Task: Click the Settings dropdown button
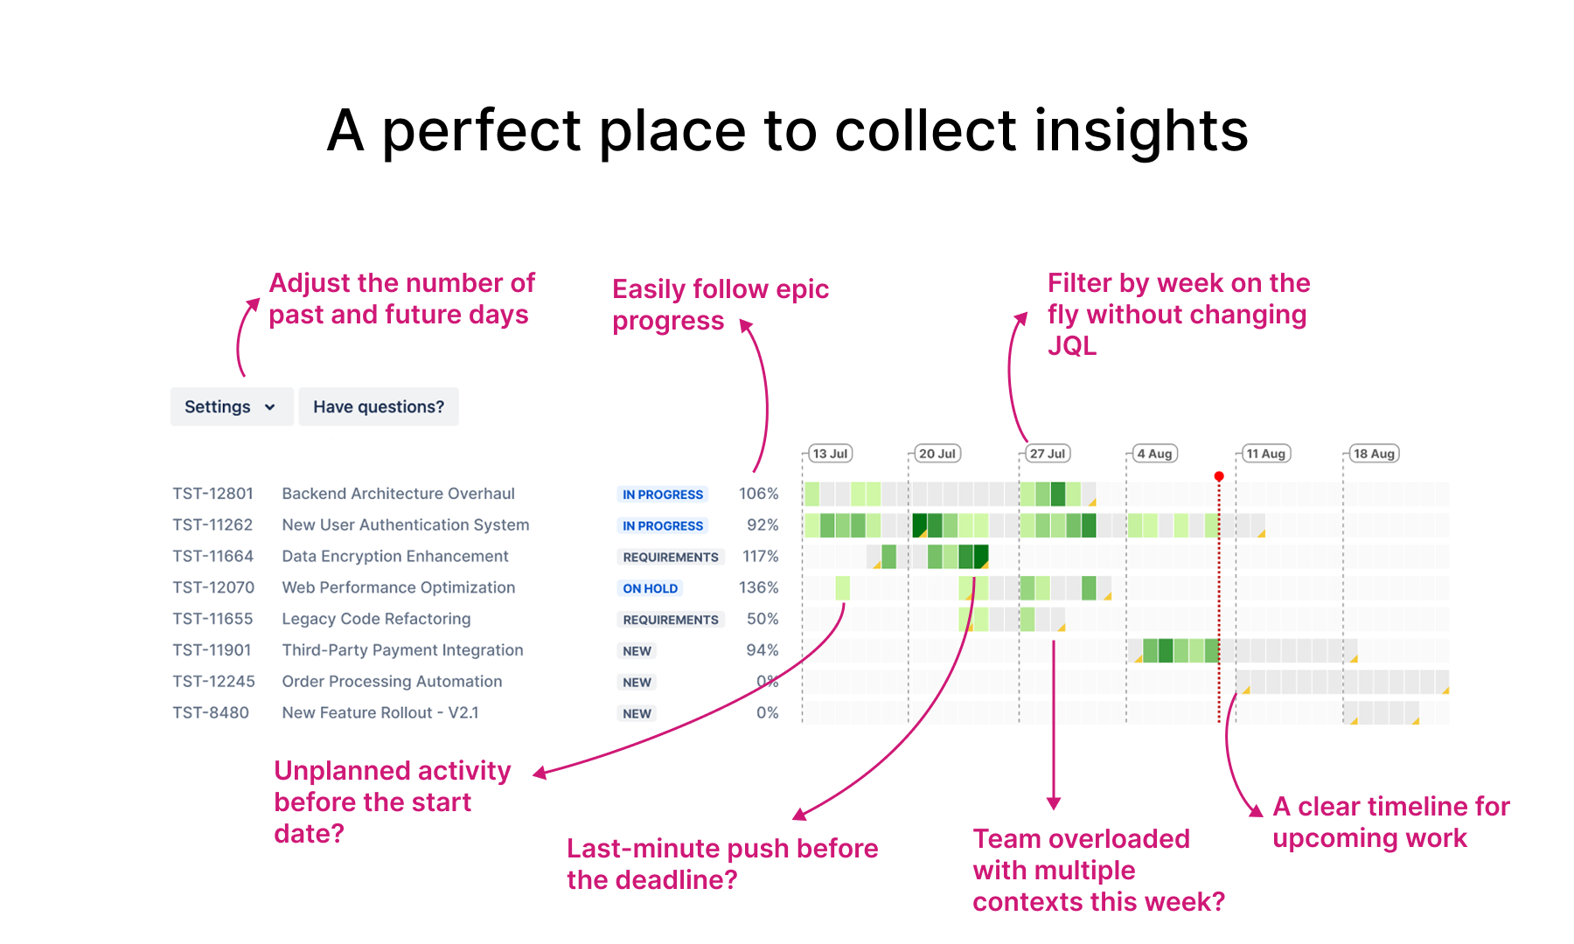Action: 231,406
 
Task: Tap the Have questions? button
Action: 379,406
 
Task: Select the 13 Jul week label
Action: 830,454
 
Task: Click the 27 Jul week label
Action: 1047,454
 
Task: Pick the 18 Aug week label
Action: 1374,454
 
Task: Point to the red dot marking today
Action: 1219,476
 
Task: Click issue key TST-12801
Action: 212,494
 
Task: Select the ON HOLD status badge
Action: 650,588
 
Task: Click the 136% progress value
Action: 758,587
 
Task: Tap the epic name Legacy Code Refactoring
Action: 376,619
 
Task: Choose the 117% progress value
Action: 760,556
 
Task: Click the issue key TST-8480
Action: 211,712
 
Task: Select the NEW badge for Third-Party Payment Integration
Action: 637,651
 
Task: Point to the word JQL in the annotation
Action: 1071,346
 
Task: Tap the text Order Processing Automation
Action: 392,682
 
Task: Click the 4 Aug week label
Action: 1154,454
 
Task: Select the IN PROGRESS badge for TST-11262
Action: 662,526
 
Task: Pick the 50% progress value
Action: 762,619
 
